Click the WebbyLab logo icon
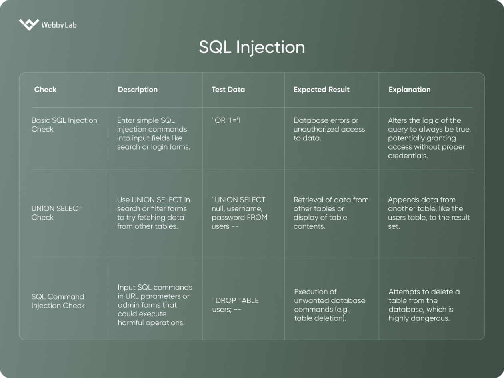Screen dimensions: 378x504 tap(29, 24)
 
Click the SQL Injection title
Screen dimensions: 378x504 tap(252, 47)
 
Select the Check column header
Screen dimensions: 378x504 tap(45, 90)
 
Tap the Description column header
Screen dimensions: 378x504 tap(138, 90)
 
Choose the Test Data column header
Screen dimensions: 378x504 tap(228, 90)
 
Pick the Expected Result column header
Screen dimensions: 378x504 tap(321, 90)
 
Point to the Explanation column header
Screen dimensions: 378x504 tap(409, 90)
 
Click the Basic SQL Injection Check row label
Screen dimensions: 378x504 tap(64, 125)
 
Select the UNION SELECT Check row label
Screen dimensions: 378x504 tap(56, 213)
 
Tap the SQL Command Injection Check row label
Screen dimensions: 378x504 tap(58, 301)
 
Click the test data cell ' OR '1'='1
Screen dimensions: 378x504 tap(226, 120)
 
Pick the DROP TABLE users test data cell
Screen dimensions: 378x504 tap(235, 305)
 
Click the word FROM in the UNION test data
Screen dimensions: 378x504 tap(258, 217)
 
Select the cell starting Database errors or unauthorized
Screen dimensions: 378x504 tap(329, 129)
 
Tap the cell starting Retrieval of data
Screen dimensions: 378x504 tap(330, 213)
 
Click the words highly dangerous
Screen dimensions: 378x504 tap(419, 318)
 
